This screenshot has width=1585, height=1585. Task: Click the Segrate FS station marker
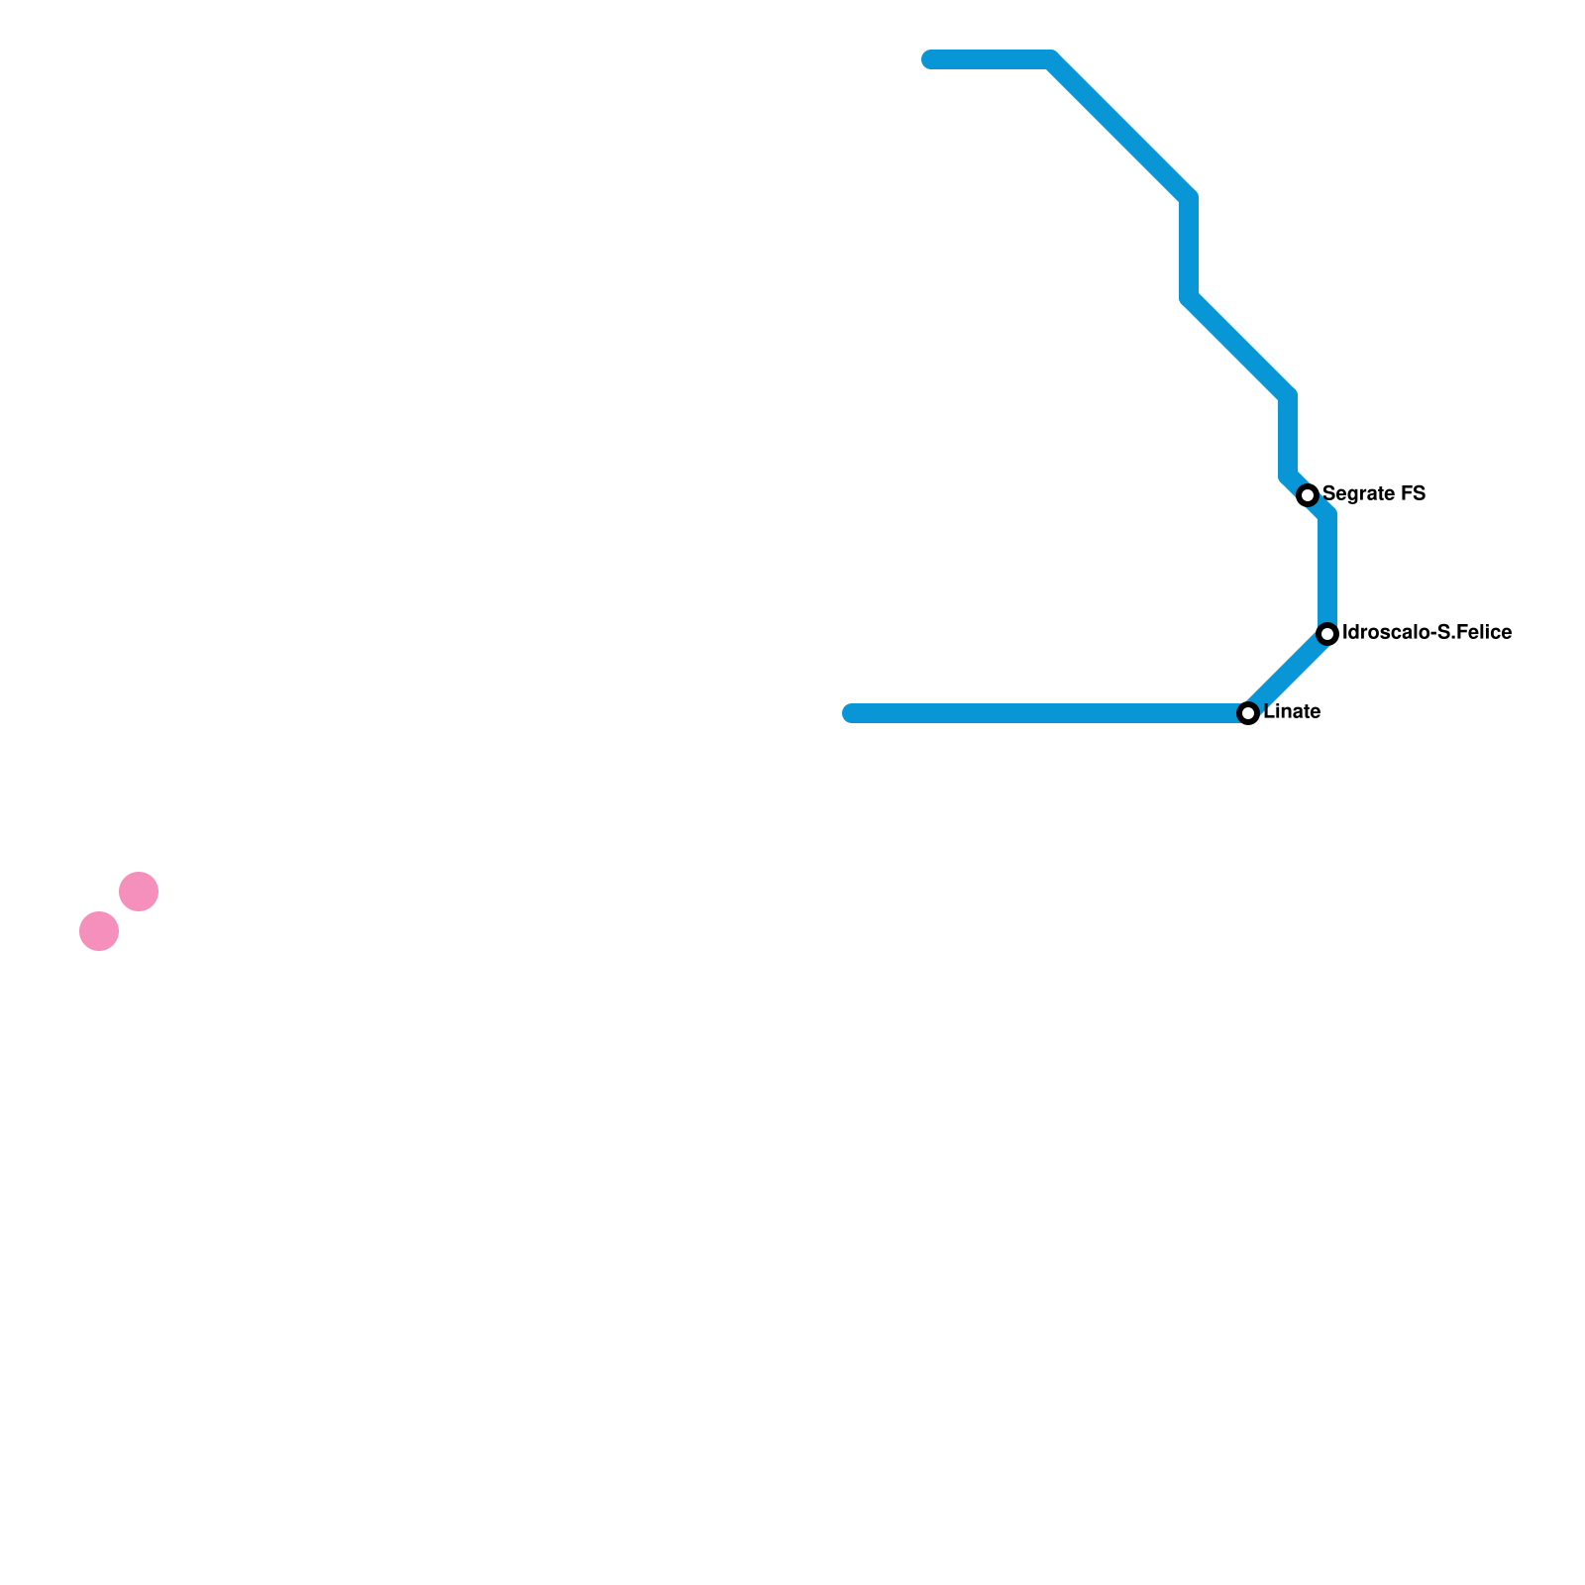[1308, 495]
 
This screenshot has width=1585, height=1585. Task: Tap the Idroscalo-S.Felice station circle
[1327, 634]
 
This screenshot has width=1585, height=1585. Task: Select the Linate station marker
[1248, 713]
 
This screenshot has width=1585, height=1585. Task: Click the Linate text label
[1292, 711]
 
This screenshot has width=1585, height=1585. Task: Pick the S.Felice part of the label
[1473, 632]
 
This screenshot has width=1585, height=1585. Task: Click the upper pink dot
[139, 892]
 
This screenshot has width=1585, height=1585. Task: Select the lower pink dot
[99, 931]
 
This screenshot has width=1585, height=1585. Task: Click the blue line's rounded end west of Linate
[851, 713]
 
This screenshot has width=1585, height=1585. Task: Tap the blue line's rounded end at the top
[930, 59]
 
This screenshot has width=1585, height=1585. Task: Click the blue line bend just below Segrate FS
[1327, 515]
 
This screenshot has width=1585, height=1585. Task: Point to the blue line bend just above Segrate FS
[1288, 477]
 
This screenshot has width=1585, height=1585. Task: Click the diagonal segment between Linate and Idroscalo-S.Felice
[1288, 674]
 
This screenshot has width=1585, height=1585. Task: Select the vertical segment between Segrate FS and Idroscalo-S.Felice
[1327, 575]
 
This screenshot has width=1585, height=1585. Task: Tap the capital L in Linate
[1269, 711]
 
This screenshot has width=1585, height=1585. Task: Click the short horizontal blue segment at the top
[991, 59]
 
